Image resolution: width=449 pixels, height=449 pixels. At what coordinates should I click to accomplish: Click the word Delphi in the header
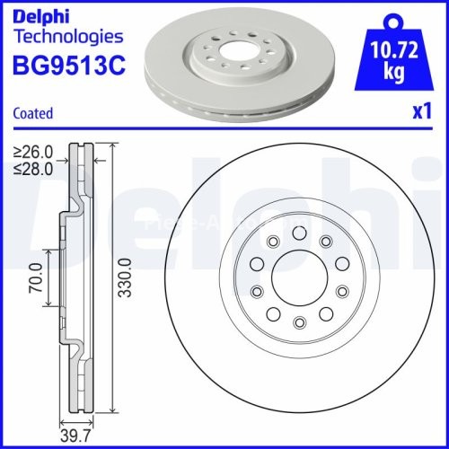click(x=42, y=15)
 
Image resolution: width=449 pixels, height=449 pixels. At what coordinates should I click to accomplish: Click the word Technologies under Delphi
click(x=68, y=37)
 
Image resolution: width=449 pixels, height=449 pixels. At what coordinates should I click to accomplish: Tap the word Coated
click(x=33, y=114)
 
